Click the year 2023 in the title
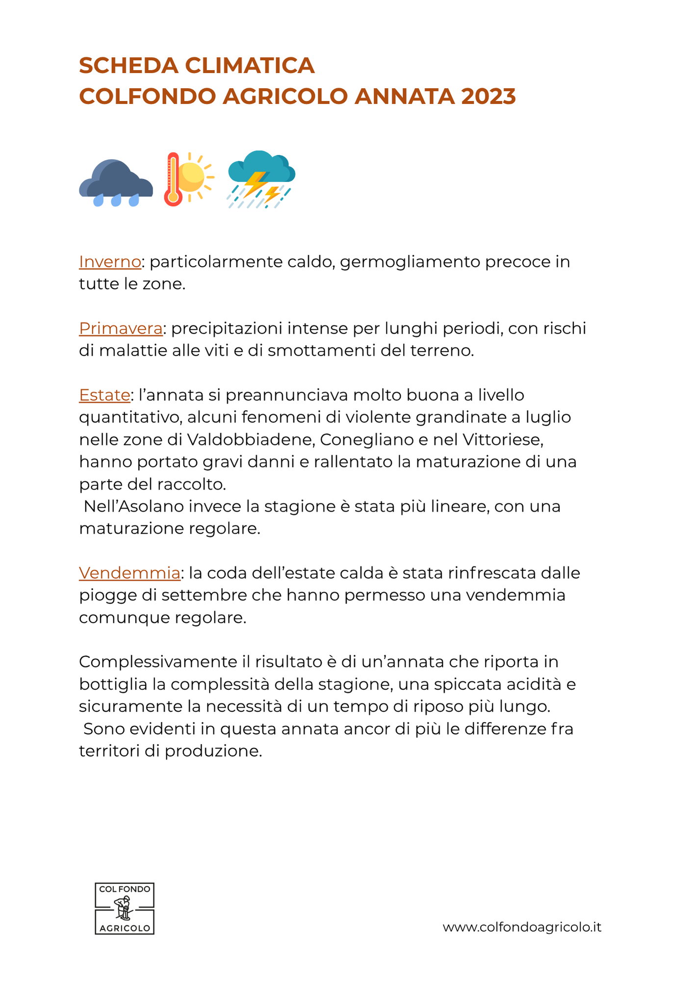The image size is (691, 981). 488,96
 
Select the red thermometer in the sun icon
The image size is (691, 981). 173,180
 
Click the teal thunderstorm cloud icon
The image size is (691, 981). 261,179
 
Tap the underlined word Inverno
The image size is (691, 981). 110,262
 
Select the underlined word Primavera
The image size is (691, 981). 121,329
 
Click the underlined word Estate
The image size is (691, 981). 104,395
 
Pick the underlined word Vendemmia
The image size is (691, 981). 129,573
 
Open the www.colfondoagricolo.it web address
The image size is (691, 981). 522,927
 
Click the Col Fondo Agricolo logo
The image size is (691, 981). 125,908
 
